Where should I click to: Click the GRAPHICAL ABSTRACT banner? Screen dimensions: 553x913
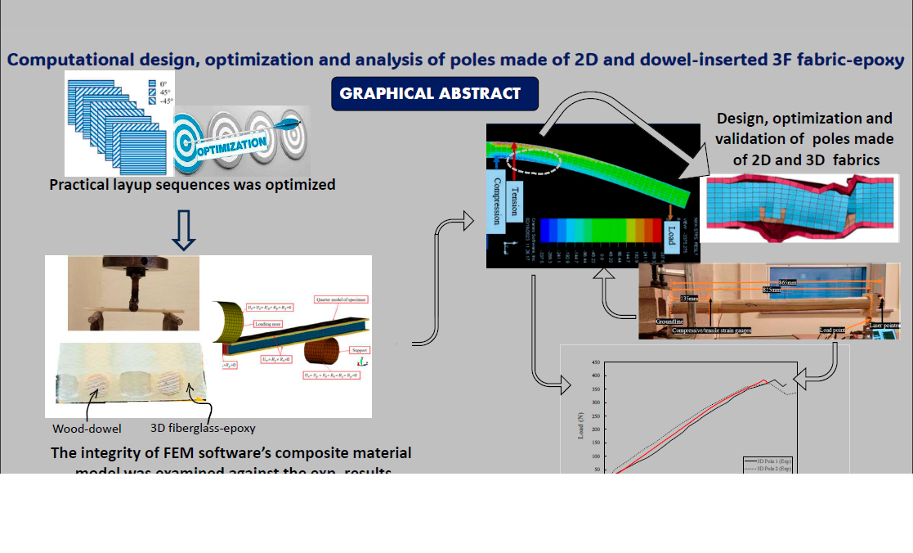[x=434, y=93]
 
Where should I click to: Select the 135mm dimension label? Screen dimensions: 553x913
[x=691, y=299]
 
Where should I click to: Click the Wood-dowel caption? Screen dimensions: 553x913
[x=86, y=427]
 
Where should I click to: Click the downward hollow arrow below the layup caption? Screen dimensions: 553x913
[x=186, y=232]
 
